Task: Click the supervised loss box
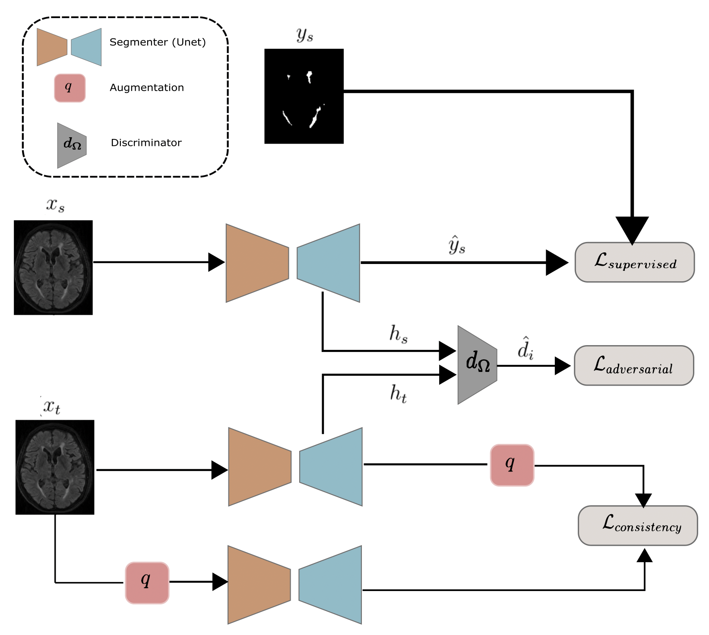click(x=635, y=262)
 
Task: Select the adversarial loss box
click(x=634, y=365)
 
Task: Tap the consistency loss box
click(x=638, y=525)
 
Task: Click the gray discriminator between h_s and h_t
click(x=478, y=365)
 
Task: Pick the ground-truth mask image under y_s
click(x=304, y=96)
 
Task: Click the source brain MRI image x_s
click(x=53, y=267)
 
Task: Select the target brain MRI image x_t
click(x=55, y=467)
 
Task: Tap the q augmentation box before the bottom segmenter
click(x=147, y=583)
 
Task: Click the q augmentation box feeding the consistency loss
click(x=512, y=465)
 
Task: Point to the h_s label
click(x=399, y=334)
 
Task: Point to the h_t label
click(x=399, y=394)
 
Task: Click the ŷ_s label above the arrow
click(x=457, y=245)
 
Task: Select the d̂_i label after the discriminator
click(x=525, y=348)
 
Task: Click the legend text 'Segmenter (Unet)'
click(x=158, y=42)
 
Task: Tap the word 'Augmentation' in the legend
click(x=147, y=88)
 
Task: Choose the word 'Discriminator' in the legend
click(x=146, y=143)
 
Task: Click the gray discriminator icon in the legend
click(x=72, y=145)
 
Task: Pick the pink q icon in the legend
click(x=70, y=88)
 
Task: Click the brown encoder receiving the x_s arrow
click(x=257, y=263)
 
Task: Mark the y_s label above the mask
click(x=305, y=35)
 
